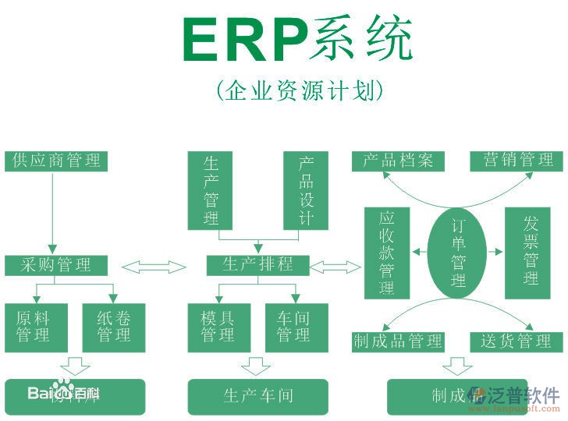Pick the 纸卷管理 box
[114, 327]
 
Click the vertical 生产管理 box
[211, 190]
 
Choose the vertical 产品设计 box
[306, 190]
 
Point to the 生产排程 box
[258, 265]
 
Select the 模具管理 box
[218, 327]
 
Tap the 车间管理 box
[295, 327]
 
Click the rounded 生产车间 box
[258, 396]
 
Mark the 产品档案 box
[399, 161]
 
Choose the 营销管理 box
[516, 161]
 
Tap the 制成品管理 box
[399, 341]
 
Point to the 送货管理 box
[516, 341]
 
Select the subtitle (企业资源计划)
[300, 90]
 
